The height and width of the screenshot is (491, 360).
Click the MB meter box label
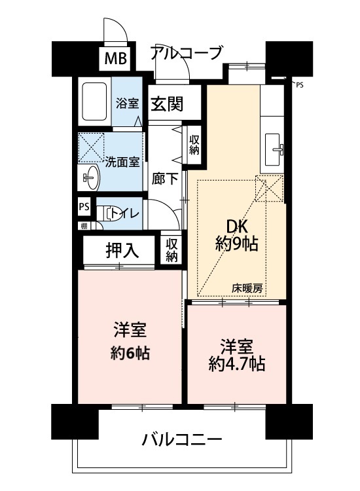115,58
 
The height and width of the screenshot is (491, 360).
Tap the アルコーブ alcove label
187,52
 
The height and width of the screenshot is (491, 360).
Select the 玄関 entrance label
167,103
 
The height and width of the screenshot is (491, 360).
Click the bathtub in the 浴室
94,101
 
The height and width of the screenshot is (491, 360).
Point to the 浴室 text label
127,103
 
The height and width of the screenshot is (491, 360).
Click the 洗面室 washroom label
122,162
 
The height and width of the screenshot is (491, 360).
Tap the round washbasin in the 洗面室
92,177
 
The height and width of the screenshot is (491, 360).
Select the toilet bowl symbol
108,214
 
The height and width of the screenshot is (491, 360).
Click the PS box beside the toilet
84,207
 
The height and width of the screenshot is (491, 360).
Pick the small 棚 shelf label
84,226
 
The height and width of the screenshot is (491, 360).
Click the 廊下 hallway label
165,179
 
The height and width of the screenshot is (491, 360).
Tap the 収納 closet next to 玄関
194,145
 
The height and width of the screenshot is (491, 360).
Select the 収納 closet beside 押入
171,250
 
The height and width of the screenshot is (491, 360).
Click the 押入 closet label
122,251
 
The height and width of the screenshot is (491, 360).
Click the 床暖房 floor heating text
247,288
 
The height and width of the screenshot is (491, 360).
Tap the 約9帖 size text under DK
237,244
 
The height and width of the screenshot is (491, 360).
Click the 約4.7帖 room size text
237,364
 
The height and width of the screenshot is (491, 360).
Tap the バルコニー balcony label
182,439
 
